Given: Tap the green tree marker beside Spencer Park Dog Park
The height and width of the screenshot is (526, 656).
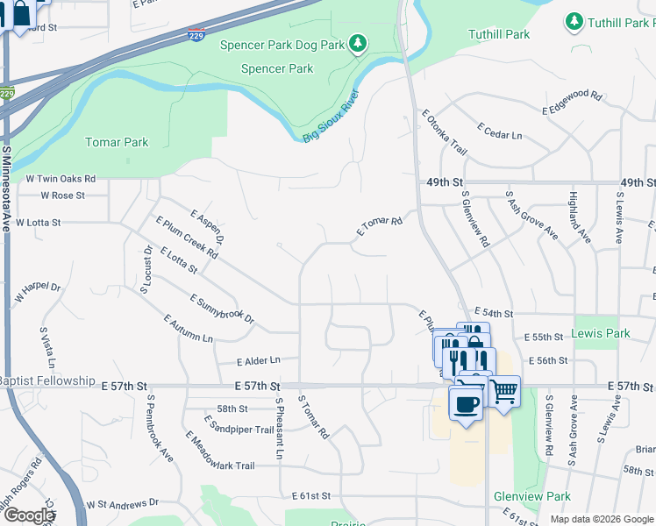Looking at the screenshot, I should point(357,43).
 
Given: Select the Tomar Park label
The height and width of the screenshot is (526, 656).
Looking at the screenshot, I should point(117,142).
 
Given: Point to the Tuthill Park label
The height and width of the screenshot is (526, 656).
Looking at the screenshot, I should point(499,34).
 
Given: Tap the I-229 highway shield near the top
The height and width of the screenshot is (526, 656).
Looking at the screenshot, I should point(198,35).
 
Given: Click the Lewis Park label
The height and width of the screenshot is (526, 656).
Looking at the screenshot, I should point(601,333).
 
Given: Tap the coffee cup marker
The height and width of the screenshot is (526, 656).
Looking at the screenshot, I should point(466,404).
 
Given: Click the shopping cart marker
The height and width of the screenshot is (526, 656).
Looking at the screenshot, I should point(503,392).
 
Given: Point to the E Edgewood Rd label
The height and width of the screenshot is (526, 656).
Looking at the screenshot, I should point(573,103).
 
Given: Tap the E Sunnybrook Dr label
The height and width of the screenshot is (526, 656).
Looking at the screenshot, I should point(221,309).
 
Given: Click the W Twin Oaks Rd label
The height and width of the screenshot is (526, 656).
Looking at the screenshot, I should point(61,178).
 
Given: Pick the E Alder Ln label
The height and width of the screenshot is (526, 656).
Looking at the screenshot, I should point(258,360).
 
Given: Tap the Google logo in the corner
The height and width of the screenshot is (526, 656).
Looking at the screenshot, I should point(29,515).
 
